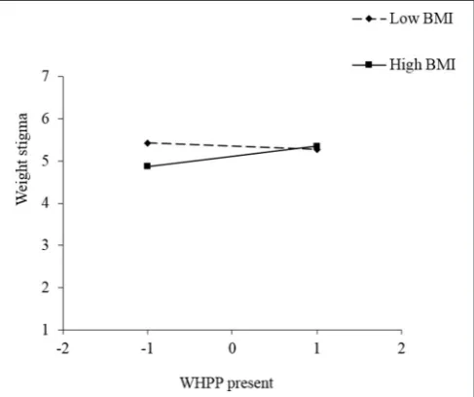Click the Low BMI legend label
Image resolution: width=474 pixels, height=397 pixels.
[421, 18]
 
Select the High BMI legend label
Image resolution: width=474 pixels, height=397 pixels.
[422, 64]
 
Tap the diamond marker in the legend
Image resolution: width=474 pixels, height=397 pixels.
[369, 18]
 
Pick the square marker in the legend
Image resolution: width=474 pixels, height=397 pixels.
[369, 65]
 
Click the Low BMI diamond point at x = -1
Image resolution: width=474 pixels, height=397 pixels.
[148, 143]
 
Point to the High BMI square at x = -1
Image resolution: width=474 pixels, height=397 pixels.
[147, 166]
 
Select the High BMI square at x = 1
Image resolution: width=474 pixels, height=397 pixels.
[316, 146]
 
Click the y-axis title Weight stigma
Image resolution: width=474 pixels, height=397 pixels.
[22, 159]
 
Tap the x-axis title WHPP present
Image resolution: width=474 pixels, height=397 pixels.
[227, 383]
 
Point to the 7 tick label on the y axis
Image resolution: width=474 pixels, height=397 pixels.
[45, 77]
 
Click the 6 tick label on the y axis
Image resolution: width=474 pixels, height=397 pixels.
[45, 119]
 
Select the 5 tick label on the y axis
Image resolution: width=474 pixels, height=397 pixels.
[45, 161]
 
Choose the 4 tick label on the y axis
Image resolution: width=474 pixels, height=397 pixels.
[45, 203]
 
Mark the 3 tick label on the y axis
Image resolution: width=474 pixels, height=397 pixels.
[45, 245]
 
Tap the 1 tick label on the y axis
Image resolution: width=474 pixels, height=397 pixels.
[45, 330]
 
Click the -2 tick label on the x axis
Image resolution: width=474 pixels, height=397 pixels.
[62, 348]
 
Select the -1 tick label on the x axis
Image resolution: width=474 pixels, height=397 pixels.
[147, 348]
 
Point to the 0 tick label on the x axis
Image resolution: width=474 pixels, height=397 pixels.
[232, 348]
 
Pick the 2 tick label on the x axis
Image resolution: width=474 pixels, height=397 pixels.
[402, 348]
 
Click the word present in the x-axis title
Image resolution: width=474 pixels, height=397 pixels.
[250, 384]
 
